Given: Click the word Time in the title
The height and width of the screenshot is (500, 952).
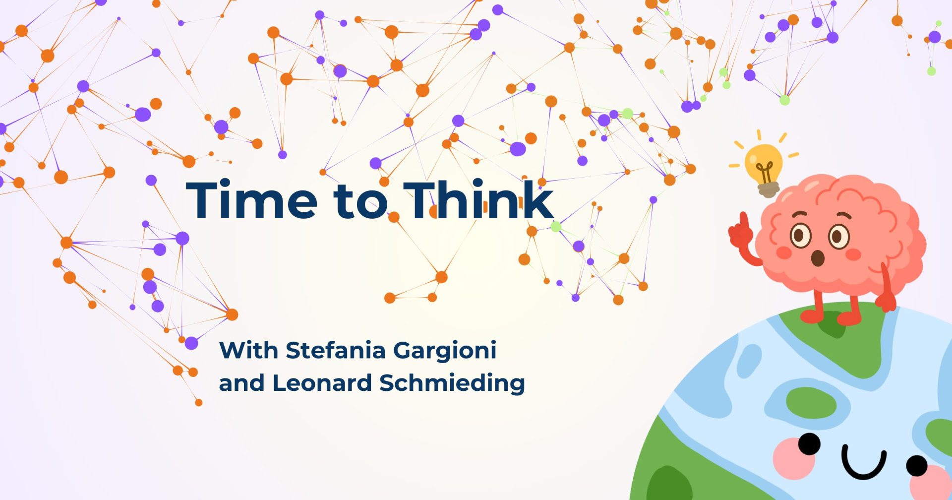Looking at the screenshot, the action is [252, 199].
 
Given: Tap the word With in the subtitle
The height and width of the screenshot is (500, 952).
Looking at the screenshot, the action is [248, 350].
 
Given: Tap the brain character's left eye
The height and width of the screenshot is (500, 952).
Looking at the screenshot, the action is [800, 235].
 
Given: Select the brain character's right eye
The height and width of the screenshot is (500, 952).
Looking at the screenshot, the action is [839, 237].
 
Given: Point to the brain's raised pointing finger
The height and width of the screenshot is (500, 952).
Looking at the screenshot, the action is [744, 222].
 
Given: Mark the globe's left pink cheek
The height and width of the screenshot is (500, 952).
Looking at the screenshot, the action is [793, 458].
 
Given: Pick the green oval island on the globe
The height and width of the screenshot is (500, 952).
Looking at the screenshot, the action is [811, 404].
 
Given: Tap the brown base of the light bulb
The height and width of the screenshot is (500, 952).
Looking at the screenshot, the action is [768, 189].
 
